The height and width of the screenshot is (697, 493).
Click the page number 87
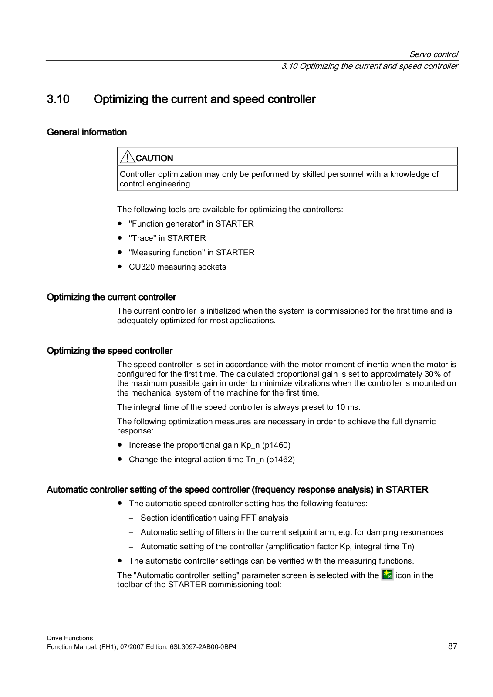[452, 646]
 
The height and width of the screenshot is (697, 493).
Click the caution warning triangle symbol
[127, 157]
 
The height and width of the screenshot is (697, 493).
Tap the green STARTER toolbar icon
[387, 575]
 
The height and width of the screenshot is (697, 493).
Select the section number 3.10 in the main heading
[58, 99]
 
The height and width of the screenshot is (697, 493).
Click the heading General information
[87, 132]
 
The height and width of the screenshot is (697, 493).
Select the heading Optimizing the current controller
[111, 297]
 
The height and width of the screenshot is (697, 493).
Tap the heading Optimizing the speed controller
[109, 351]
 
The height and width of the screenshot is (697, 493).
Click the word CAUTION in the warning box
[155, 158]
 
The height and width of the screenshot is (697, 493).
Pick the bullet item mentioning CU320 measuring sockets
[177, 267]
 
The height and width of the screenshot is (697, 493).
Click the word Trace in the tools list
[142, 238]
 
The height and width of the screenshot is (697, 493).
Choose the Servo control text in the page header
[433, 54]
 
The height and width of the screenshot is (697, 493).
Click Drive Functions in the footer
[70, 638]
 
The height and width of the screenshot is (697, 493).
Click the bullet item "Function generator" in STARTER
[191, 223]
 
